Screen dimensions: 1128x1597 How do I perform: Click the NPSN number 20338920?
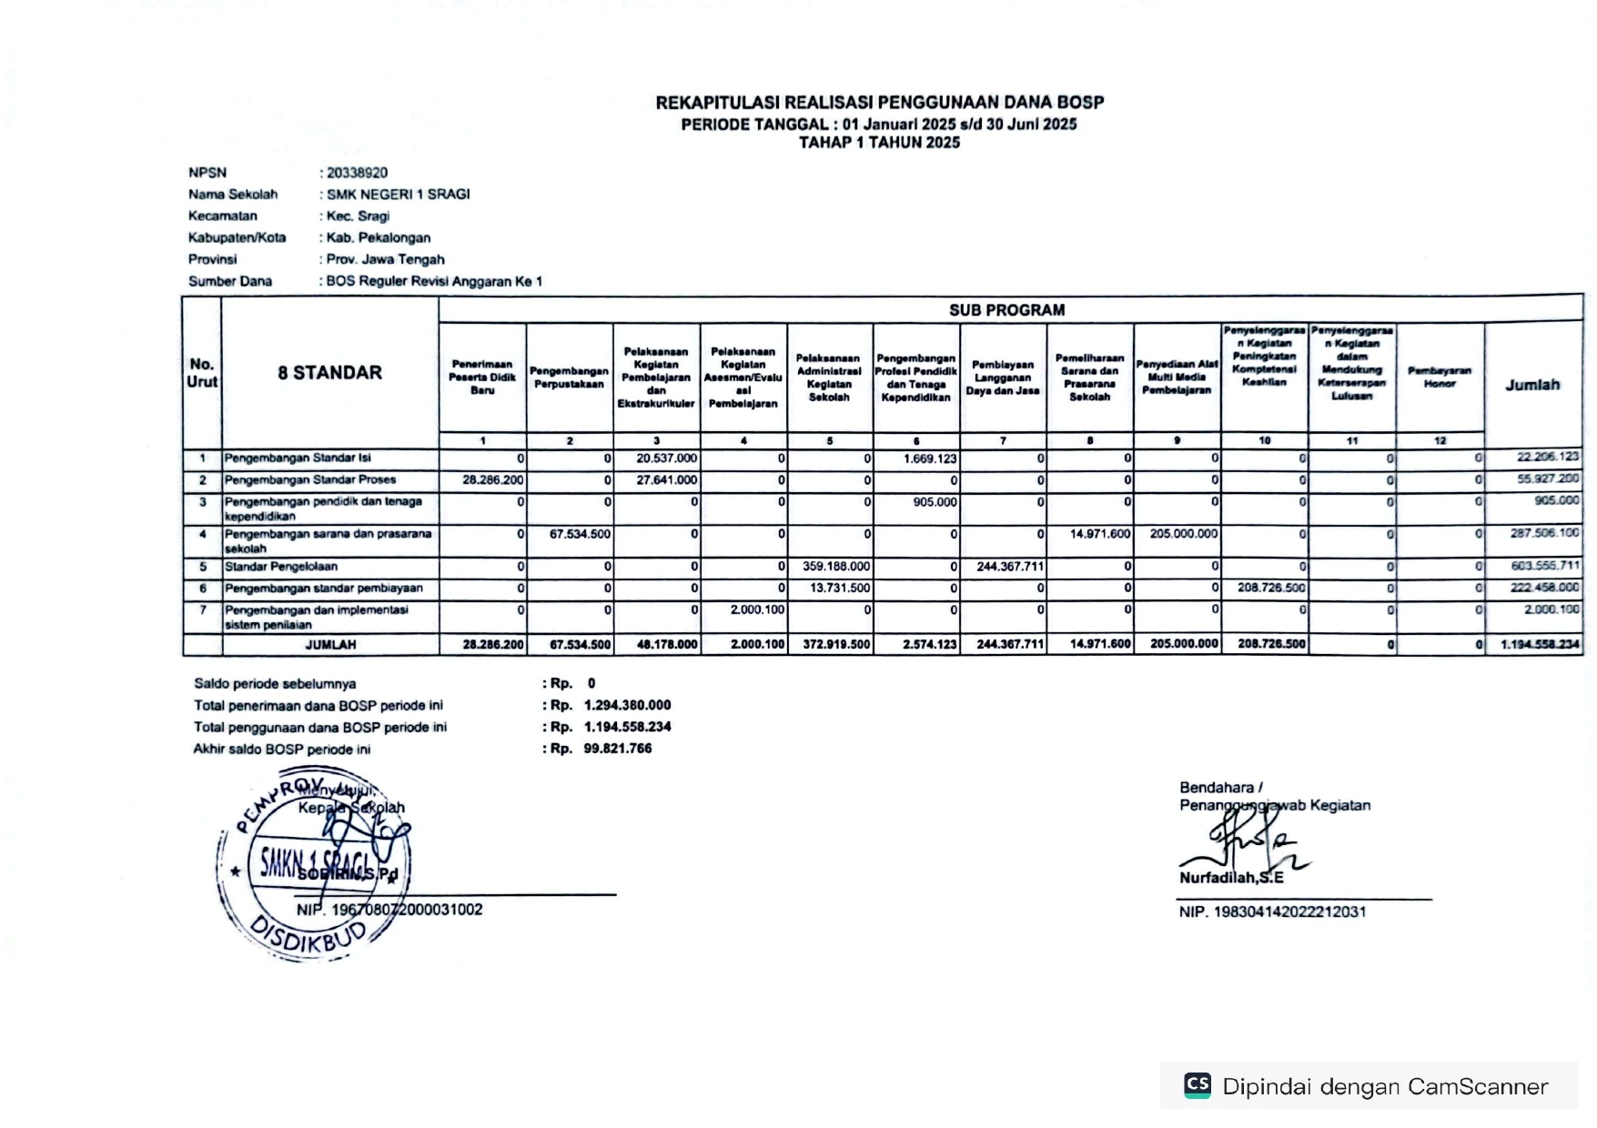(x=358, y=173)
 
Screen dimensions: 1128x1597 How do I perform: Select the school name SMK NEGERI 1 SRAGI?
(x=399, y=195)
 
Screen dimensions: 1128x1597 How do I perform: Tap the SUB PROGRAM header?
(x=1006, y=310)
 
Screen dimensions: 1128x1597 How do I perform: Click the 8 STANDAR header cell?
(x=329, y=373)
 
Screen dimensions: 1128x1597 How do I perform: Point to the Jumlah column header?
(x=1532, y=385)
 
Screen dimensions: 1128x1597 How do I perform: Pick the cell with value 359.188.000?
(x=835, y=567)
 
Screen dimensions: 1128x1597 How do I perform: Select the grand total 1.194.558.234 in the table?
(x=1540, y=645)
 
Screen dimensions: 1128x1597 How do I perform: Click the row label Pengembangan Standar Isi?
(x=298, y=458)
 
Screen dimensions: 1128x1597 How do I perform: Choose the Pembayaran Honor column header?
(x=1440, y=377)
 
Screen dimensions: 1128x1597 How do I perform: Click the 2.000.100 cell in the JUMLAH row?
(x=757, y=645)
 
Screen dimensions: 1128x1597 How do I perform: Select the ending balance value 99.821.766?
(x=618, y=749)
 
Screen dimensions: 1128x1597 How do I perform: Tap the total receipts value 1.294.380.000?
(x=627, y=705)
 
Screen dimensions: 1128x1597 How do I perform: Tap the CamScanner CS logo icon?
(x=1198, y=1085)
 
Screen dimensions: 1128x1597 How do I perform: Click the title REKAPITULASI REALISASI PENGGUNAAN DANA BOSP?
(x=879, y=103)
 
